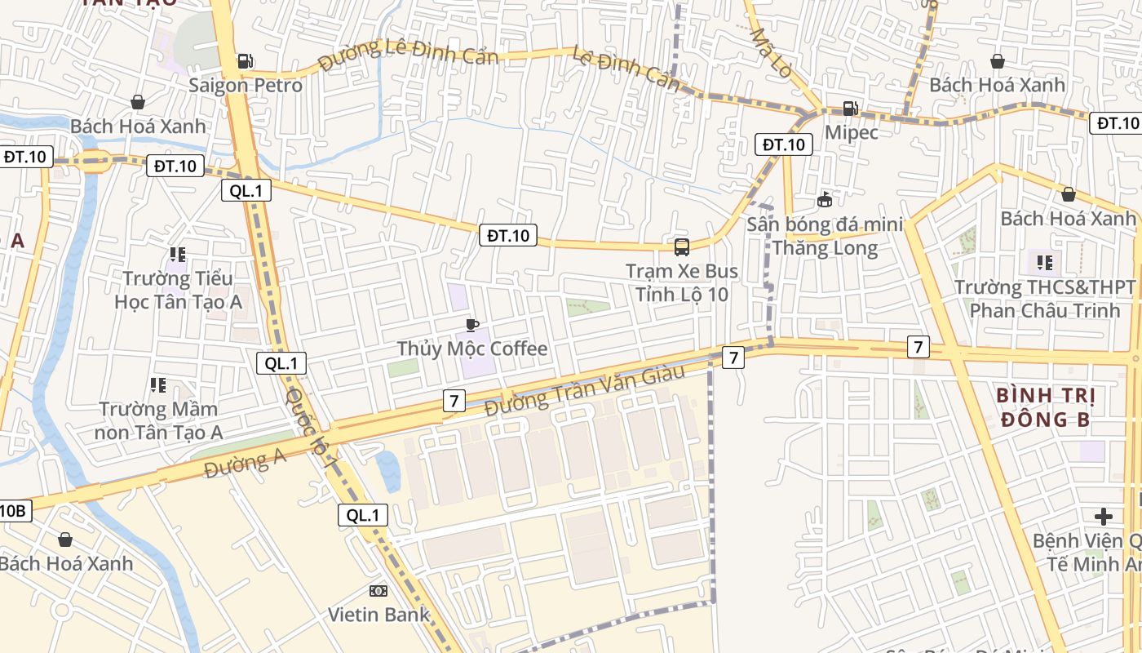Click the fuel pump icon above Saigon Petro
pyautogui.click(x=245, y=61)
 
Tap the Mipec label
pyautogui.click(x=851, y=132)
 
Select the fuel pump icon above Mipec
pyautogui.click(x=850, y=109)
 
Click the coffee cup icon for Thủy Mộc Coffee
pyautogui.click(x=471, y=326)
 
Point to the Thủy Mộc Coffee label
pyautogui.click(x=472, y=349)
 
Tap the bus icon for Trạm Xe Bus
pyautogui.click(x=681, y=247)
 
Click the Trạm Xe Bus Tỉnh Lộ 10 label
pyautogui.click(x=681, y=282)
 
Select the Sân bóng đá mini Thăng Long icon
pyautogui.click(x=825, y=199)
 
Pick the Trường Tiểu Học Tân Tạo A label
pyautogui.click(x=178, y=291)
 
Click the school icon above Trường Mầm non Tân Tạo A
pyautogui.click(x=157, y=384)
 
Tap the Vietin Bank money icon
pyautogui.click(x=378, y=590)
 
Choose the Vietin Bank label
pyautogui.click(x=378, y=614)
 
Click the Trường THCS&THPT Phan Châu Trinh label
pyautogui.click(x=1045, y=299)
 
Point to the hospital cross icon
pyautogui.click(x=1104, y=516)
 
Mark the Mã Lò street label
pyautogui.click(x=770, y=53)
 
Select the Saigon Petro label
pyautogui.click(x=245, y=85)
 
